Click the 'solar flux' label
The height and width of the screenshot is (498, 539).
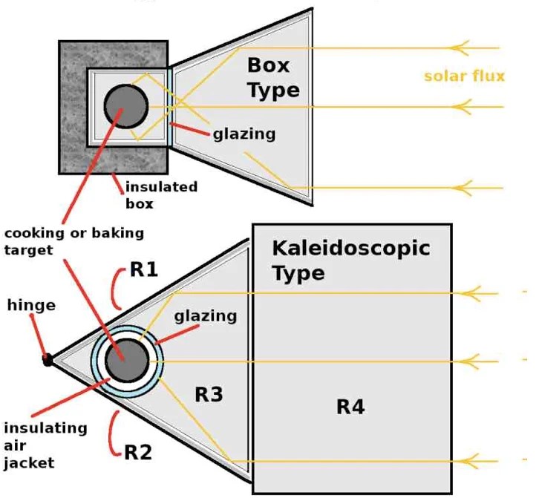coord(464,76)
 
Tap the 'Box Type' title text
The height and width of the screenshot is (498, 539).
coord(273,77)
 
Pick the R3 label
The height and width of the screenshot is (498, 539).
coord(209,395)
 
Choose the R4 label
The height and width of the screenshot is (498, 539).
coord(350,407)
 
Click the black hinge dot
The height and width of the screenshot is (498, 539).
coord(48,360)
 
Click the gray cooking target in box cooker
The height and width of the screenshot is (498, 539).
coord(125,106)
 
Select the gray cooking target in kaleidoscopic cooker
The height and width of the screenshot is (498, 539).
coord(125,361)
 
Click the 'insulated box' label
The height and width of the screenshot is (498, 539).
coord(160,194)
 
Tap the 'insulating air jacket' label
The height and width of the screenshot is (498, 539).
coord(45,445)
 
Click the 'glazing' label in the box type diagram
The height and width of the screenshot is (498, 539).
coord(244,134)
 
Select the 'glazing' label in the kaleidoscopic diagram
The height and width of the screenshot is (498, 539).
coord(205,316)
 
